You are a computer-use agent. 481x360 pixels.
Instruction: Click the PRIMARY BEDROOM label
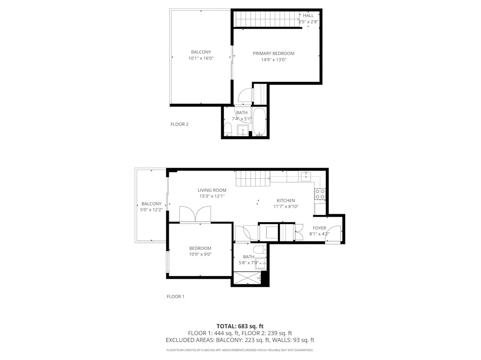(273, 53)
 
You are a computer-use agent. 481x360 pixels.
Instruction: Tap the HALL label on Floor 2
(308, 15)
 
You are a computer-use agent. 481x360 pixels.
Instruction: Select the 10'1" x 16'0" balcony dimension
(201, 58)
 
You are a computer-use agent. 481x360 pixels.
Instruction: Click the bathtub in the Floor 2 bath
(259, 122)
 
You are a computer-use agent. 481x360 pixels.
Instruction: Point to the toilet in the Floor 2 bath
(228, 129)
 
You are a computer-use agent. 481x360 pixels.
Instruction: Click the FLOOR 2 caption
(179, 124)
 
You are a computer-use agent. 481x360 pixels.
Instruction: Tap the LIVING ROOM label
(212, 190)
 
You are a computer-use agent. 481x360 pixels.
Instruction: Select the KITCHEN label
(286, 201)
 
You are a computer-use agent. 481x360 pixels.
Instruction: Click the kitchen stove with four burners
(320, 194)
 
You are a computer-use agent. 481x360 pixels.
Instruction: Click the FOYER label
(319, 228)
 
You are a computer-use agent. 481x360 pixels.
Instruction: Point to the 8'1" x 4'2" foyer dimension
(319, 234)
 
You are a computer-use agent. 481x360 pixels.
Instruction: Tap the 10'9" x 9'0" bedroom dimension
(200, 254)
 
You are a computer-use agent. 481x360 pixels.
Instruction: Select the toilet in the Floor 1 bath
(260, 249)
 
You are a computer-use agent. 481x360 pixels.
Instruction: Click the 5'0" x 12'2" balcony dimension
(151, 210)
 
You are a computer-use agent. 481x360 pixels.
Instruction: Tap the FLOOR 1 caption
(176, 296)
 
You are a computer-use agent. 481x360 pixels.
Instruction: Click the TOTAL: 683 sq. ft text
(240, 326)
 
